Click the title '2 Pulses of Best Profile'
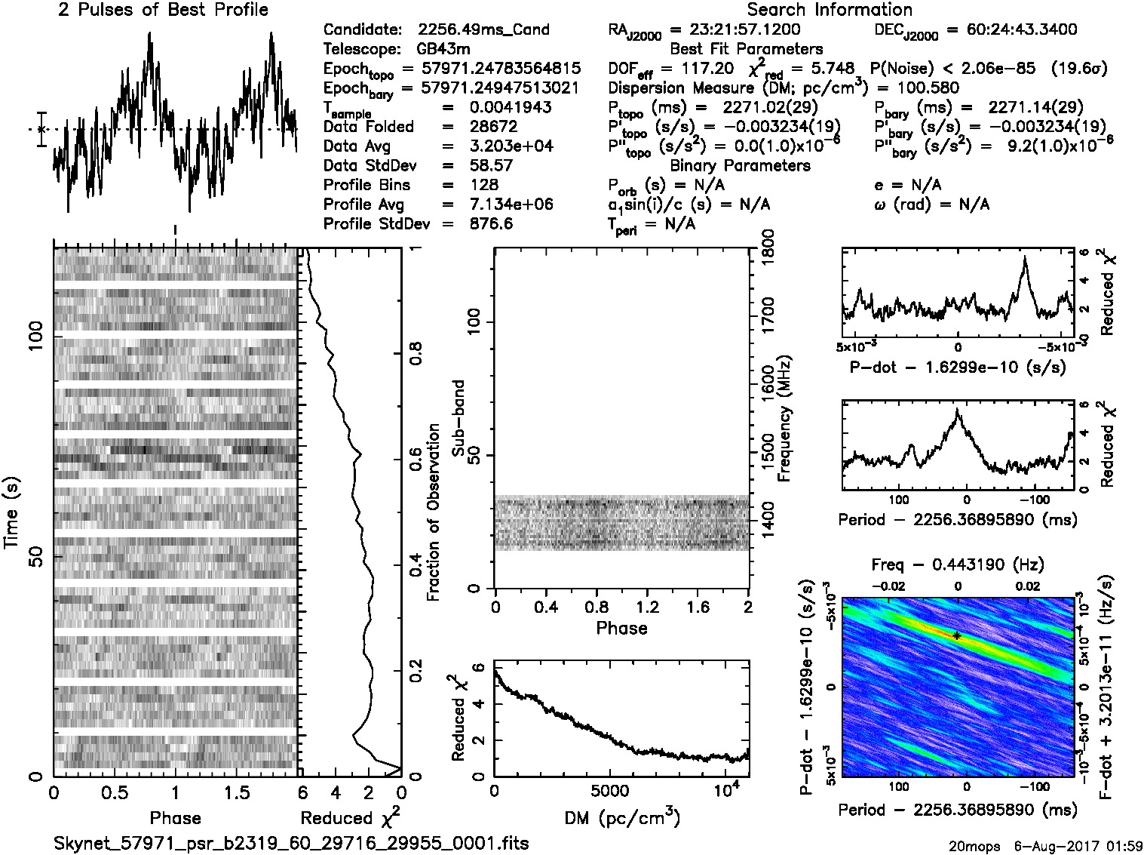[162, 10]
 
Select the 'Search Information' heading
[829, 10]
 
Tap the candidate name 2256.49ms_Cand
[483, 30]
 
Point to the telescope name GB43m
[446, 50]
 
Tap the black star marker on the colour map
[957, 635]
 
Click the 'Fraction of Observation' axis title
[433, 512]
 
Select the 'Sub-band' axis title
[459, 417]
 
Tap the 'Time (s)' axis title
[12, 512]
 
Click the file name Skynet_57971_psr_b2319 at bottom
[291, 843]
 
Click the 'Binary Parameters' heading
[740, 165]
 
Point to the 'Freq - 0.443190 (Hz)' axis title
[957, 564]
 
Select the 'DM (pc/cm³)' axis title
[621, 817]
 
